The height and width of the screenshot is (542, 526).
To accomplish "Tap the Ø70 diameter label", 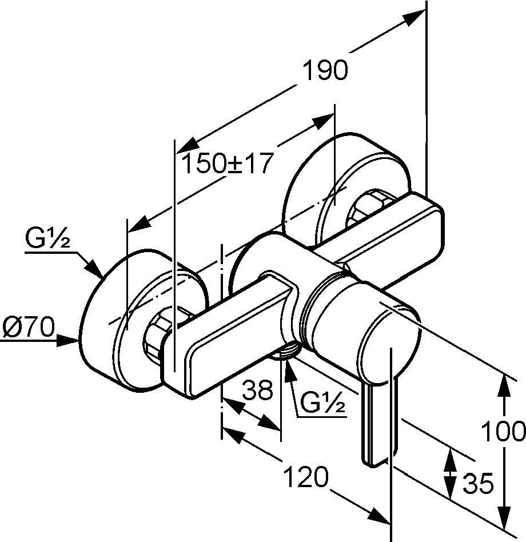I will point(27,328).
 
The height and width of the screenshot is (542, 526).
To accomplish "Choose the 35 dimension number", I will point(477,484).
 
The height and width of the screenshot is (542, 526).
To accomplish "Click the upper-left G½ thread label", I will point(47,238).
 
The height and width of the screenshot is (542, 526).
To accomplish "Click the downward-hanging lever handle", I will point(374,423).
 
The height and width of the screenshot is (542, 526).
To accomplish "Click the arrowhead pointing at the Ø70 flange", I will point(71,341).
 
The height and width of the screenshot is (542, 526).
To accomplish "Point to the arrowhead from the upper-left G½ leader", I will point(97,271).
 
